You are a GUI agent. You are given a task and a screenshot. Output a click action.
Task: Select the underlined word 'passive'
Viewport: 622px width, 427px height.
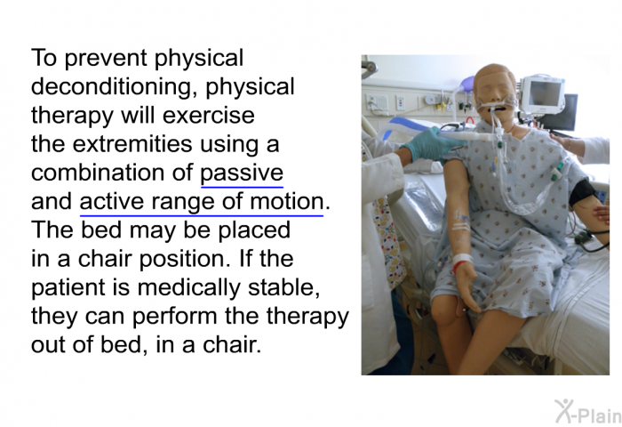pos(242,173)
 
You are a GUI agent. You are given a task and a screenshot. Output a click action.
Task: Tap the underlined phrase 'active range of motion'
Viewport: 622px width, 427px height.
pos(202,201)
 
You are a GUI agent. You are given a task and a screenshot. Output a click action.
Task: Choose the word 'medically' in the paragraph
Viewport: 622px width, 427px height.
pos(188,287)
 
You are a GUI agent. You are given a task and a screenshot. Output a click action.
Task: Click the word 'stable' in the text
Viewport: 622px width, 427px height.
pos(283,287)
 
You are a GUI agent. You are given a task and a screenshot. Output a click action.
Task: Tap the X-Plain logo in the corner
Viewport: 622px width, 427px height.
pos(587,412)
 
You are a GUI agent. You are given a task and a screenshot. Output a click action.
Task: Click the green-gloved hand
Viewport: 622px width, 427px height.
pos(426,143)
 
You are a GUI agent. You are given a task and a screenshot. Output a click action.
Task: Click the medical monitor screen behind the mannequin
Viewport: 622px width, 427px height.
pos(546,93)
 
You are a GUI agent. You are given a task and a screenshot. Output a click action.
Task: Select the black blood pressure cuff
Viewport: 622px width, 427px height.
pos(582,193)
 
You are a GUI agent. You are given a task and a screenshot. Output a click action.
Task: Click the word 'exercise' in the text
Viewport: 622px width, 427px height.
pos(208,116)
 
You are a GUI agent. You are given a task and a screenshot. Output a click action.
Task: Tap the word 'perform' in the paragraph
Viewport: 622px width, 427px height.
pos(174,317)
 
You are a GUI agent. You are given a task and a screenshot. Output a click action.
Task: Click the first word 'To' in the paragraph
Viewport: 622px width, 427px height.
pos(44,58)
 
